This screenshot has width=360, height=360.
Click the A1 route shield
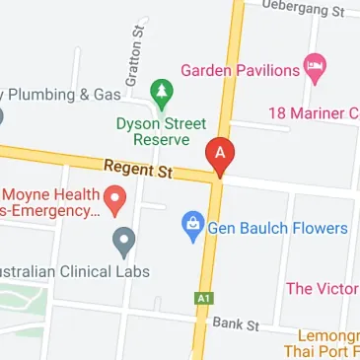coord(203,297)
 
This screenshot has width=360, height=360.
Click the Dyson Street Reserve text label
coord(161,132)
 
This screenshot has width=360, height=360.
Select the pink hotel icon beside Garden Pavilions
coord(316,69)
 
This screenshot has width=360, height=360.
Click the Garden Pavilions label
coord(240,70)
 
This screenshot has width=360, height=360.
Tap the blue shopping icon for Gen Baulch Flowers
coord(193,228)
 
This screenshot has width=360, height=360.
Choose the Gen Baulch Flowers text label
coord(277,229)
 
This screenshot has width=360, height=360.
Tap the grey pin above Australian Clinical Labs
coord(123,239)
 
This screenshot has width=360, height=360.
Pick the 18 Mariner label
coord(313,113)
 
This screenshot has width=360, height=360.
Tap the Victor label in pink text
coord(322,289)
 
